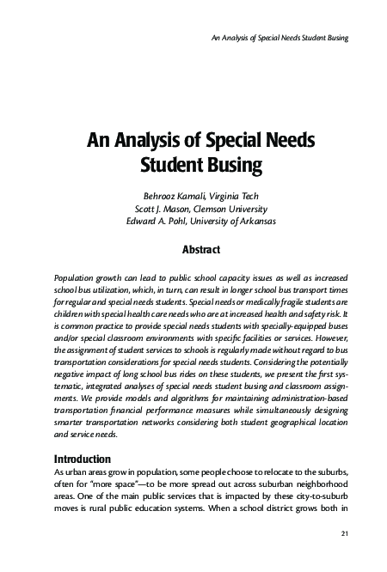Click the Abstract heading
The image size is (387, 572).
(202, 250)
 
